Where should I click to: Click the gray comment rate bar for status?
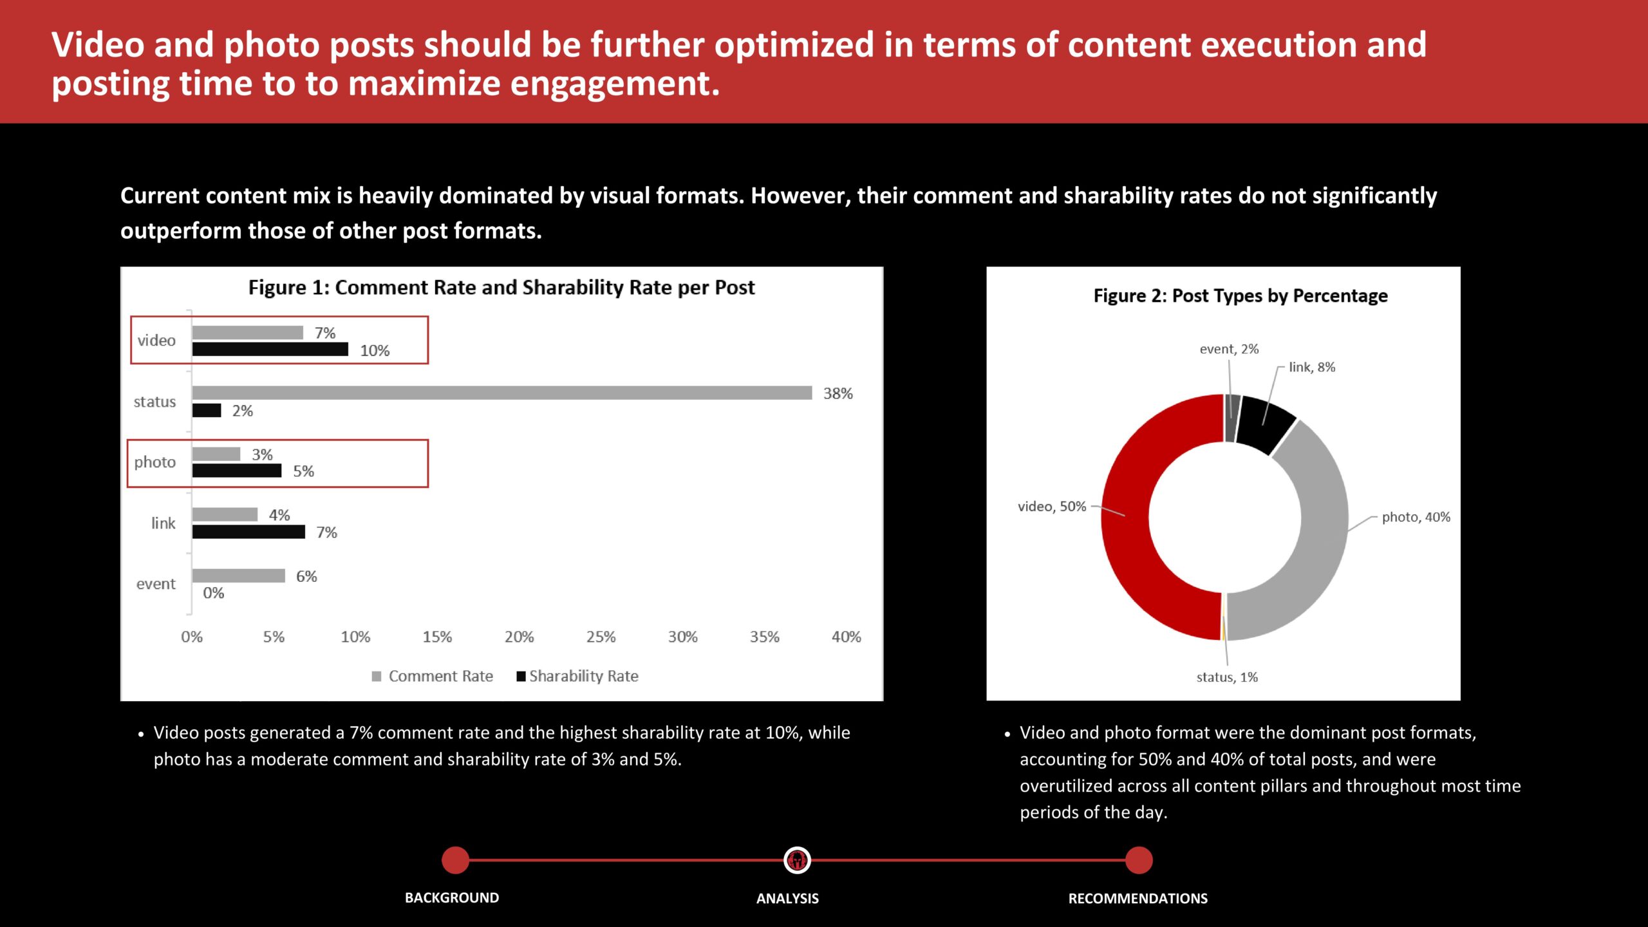pyautogui.click(x=502, y=393)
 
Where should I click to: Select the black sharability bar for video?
pyautogui.click(x=270, y=350)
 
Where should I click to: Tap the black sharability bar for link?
pyautogui.click(x=248, y=532)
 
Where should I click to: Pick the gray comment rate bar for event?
pyautogui.click(x=238, y=576)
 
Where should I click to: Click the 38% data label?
pyautogui.click(x=838, y=393)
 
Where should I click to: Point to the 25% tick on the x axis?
pyautogui.click(x=601, y=637)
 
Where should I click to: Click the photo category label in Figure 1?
pyautogui.click(x=154, y=462)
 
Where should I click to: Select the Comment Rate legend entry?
pyautogui.click(x=433, y=676)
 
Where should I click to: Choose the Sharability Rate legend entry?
pyautogui.click(x=577, y=676)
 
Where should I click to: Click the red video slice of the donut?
pyautogui.click(x=1125, y=517)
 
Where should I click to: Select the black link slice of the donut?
pyautogui.click(x=1265, y=422)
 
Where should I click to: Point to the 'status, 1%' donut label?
pyautogui.click(x=1227, y=677)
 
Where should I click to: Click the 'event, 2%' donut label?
pyautogui.click(x=1229, y=349)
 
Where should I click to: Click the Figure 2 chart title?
pyautogui.click(x=1241, y=295)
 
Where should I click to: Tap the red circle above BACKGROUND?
pyautogui.click(x=456, y=860)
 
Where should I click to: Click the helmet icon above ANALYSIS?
pyautogui.click(x=797, y=860)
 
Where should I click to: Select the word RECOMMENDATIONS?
pyautogui.click(x=1138, y=898)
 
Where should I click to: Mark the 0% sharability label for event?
pyautogui.click(x=214, y=593)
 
